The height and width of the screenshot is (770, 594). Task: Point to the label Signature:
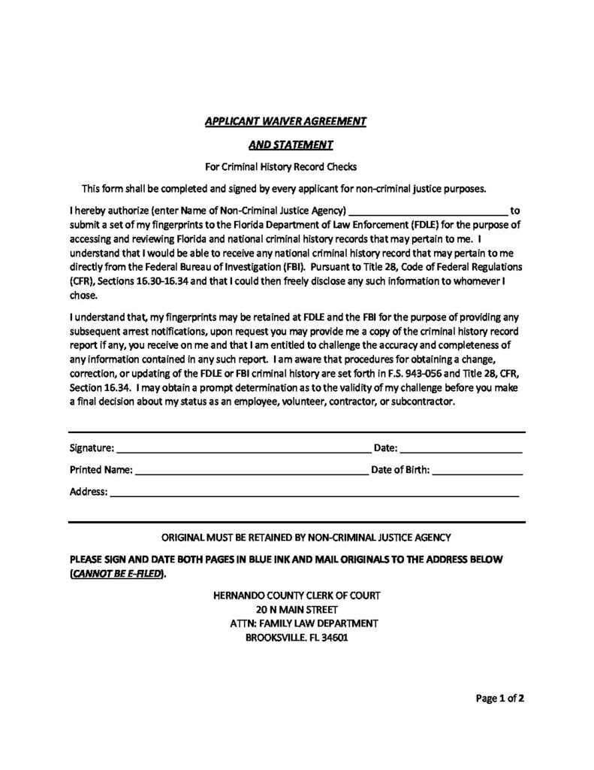click(92, 449)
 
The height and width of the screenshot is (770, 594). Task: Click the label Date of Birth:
click(400, 471)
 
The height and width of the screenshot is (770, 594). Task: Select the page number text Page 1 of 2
click(499, 698)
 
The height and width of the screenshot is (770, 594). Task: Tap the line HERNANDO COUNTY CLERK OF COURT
click(297, 595)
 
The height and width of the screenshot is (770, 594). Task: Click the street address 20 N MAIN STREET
click(297, 609)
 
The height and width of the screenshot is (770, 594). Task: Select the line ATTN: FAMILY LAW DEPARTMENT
click(297, 623)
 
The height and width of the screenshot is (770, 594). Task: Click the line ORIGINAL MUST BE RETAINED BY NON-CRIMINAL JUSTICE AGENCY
click(306, 538)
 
